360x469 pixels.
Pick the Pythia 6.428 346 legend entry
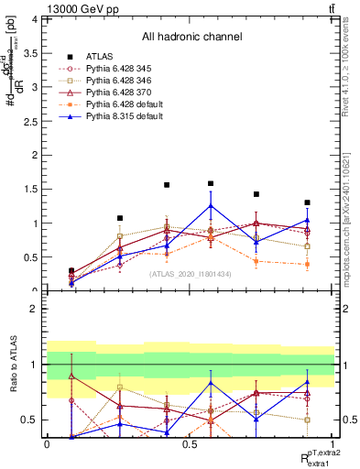[119, 81]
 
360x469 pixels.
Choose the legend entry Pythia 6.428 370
[119, 93]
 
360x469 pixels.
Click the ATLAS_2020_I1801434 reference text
[191, 273]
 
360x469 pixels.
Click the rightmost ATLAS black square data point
[308, 202]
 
